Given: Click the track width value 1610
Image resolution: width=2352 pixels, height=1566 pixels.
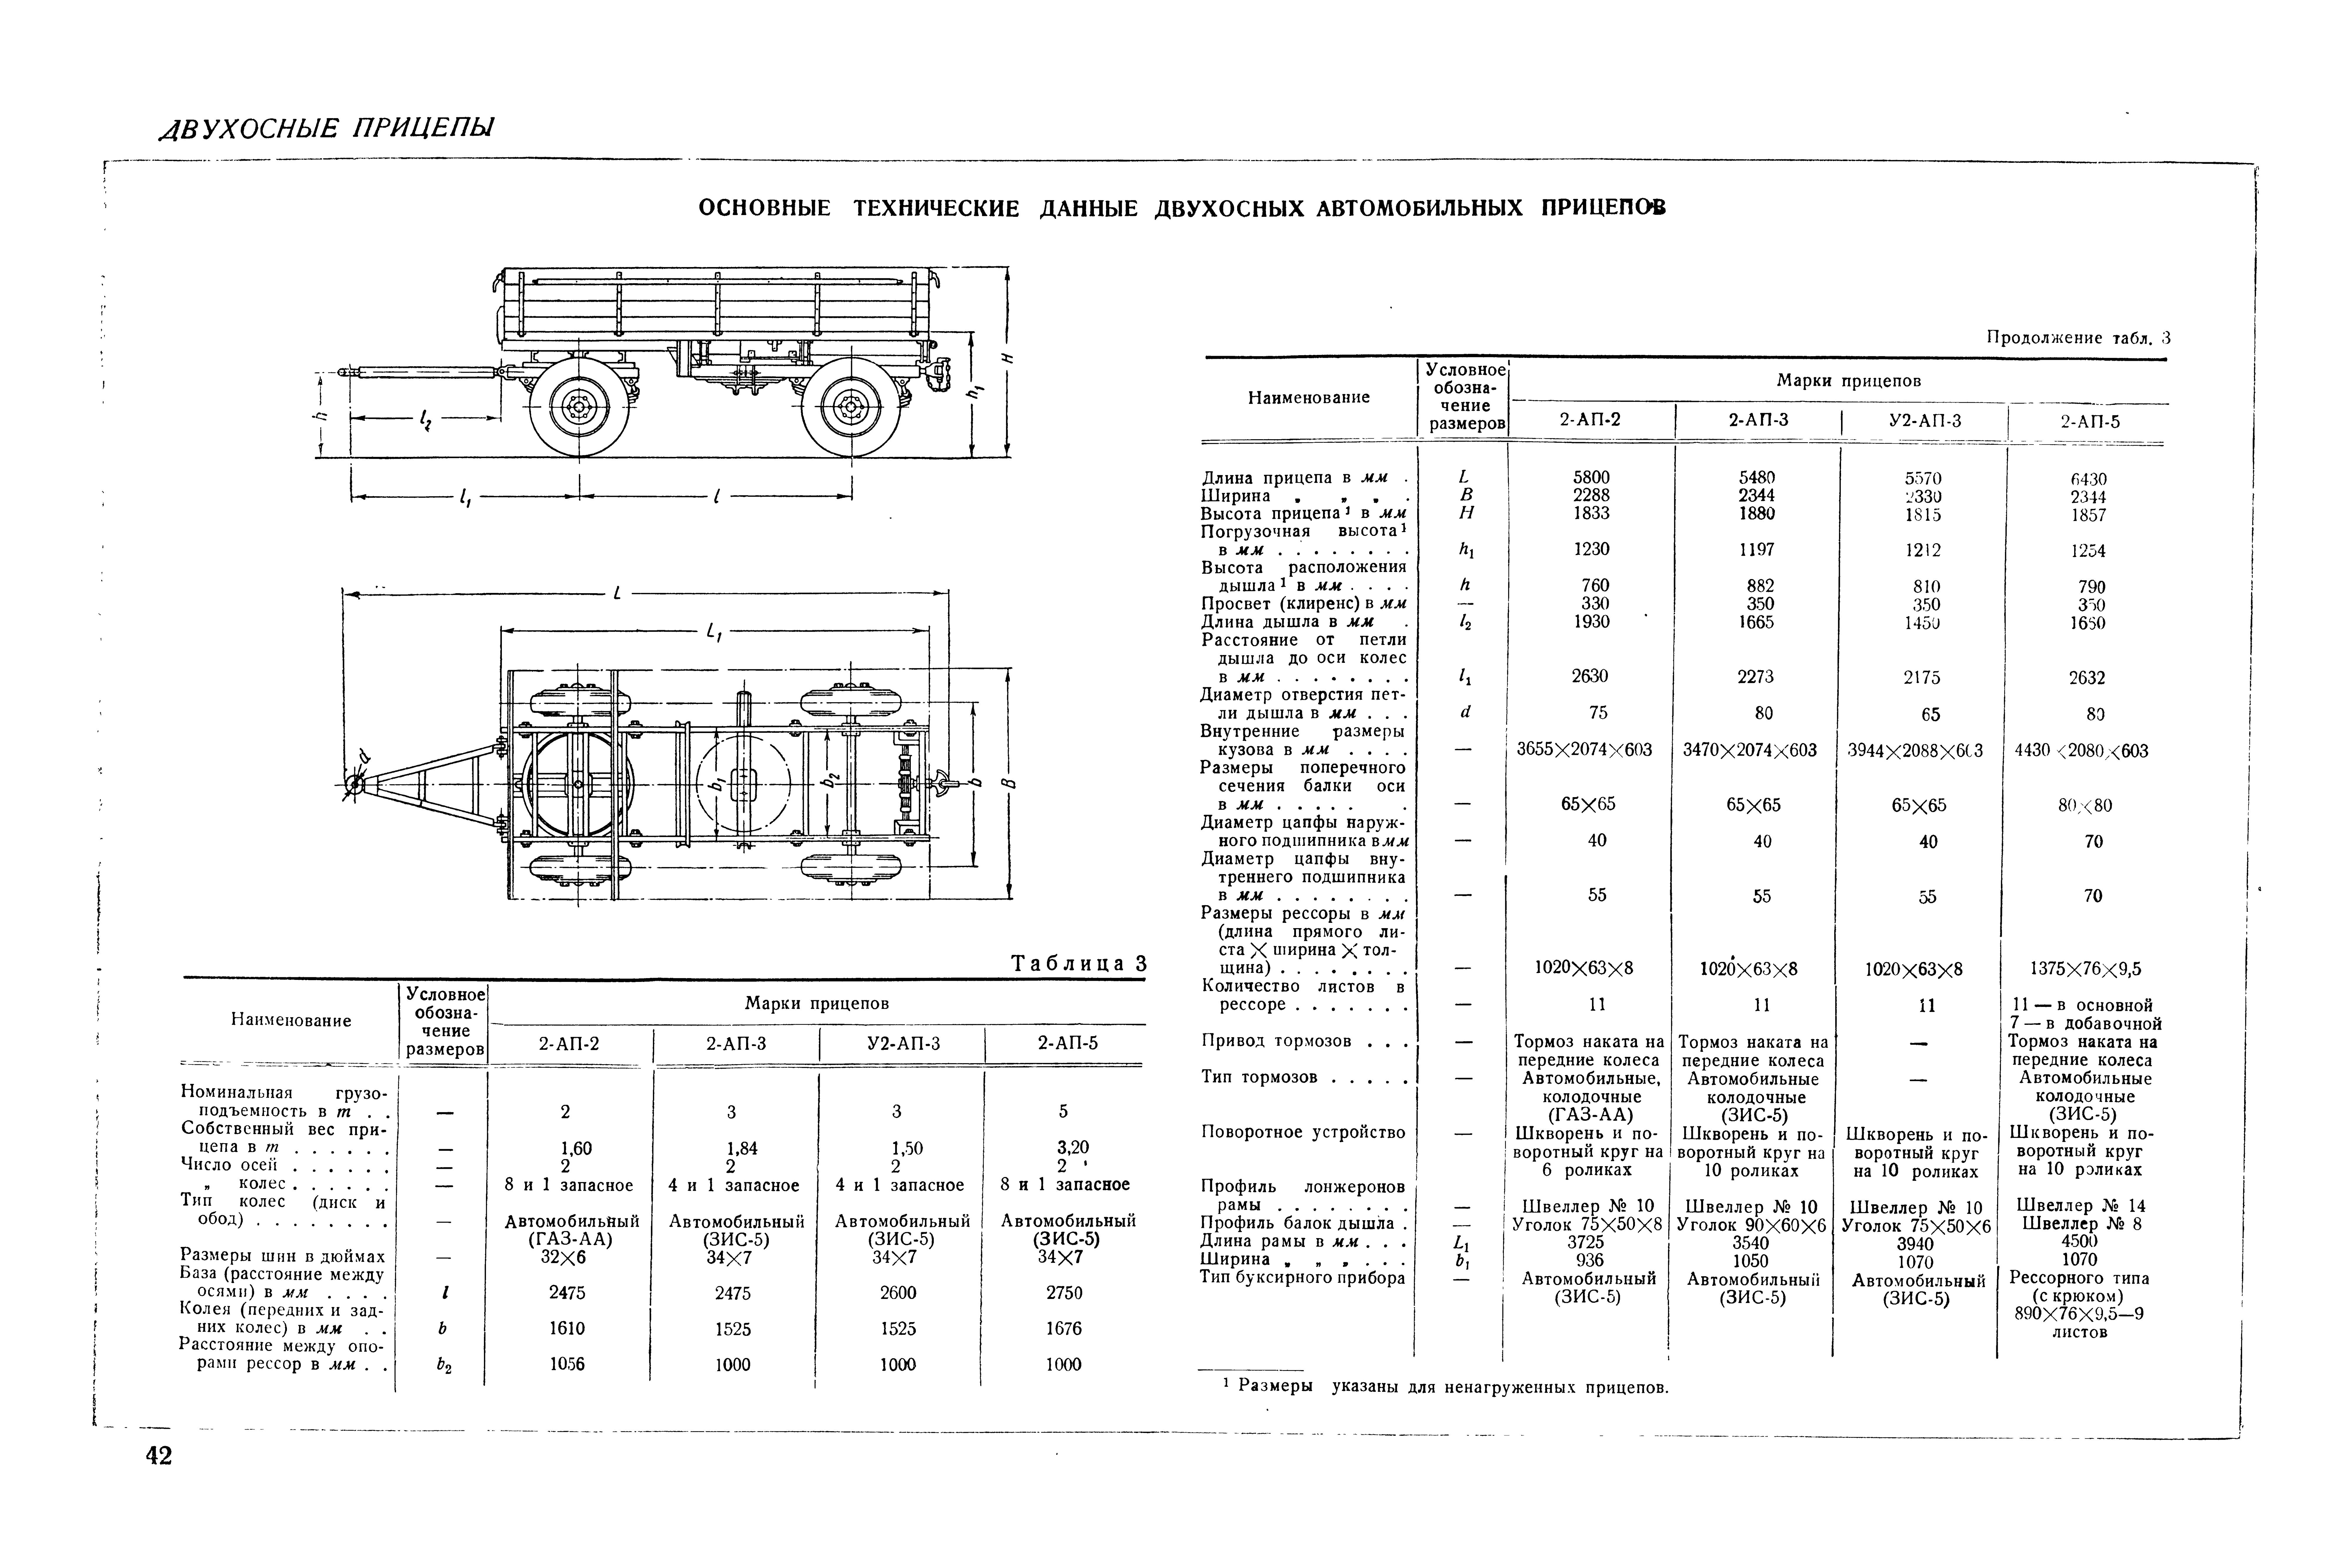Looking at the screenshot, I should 567,1328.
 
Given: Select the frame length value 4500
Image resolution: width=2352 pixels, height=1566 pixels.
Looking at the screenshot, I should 2079,1243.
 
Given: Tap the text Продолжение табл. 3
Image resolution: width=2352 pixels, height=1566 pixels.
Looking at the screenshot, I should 2078,338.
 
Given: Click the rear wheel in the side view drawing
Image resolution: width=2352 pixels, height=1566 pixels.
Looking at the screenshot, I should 850,408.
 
